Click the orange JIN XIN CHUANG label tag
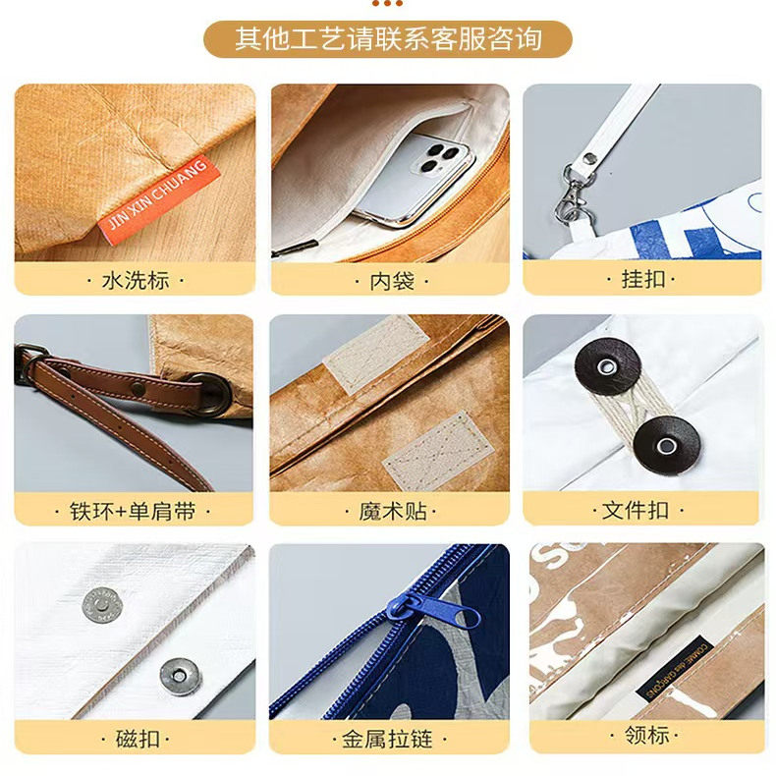point(157,196)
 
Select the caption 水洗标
point(136,280)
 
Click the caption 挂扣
point(643,279)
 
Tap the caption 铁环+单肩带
point(136,511)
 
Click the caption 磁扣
point(136,739)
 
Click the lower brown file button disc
point(666,445)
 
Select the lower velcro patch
point(435,450)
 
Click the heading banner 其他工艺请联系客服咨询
point(388,39)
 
